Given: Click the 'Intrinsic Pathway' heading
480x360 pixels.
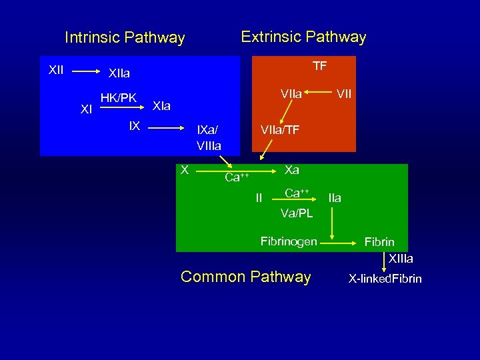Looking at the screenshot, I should [124, 38].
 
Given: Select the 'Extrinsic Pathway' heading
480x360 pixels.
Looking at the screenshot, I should [303, 37].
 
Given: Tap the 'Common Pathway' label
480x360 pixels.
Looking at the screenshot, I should [245, 277].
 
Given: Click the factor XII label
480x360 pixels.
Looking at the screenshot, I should [56, 69].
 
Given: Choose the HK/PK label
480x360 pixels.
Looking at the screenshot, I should [118, 98].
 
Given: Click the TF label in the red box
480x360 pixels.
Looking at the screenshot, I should [320, 65].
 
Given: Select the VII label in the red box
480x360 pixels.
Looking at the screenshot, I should [343, 95].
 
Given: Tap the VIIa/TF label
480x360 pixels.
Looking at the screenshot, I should [279, 130].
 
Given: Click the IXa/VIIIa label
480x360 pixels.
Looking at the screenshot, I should [209, 137].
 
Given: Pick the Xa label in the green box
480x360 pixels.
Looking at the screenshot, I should [292, 170].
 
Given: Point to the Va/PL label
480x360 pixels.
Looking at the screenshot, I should [296, 213].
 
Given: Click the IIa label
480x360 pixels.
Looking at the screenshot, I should [334, 197].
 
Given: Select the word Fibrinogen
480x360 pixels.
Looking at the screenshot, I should [288, 241].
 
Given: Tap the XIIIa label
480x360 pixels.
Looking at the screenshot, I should [401, 259].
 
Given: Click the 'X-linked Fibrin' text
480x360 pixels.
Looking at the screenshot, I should [385, 279].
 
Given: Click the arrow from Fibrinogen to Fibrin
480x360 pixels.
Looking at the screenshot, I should [337, 245].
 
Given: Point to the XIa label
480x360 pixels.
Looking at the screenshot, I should [161, 106].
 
